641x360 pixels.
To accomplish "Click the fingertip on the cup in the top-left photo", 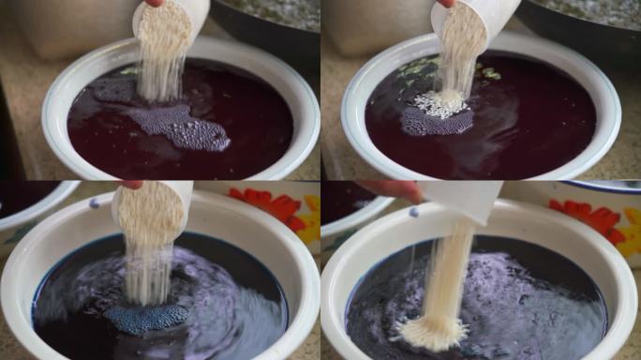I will [x=154, y=3].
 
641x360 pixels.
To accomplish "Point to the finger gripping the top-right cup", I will [x=448, y=3].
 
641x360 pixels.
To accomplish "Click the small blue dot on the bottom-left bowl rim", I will [x=94, y=202].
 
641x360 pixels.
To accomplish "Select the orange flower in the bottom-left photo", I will [x=271, y=204].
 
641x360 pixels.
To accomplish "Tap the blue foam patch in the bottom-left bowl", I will [x=145, y=317].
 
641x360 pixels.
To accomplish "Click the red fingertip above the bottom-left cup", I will [x=132, y=185].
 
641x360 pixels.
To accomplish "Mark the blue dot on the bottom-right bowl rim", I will [x=413, y=212].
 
